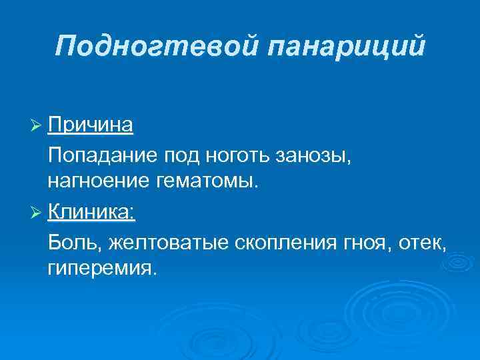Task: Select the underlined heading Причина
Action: click(x=91, y=125)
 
